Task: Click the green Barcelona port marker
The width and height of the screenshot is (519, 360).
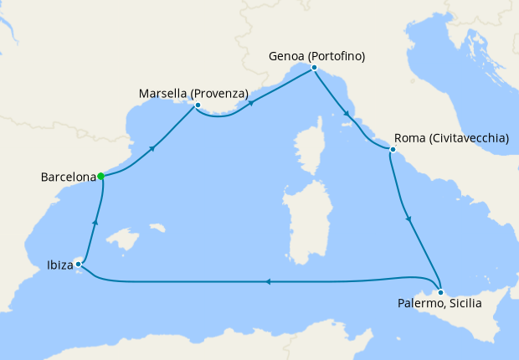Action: click(100, 176)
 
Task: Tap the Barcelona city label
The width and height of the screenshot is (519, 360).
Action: click(68, 177)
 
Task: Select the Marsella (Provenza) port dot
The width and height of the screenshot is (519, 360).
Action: click(198, 105)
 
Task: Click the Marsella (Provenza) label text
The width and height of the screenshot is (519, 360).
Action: click(193, 92)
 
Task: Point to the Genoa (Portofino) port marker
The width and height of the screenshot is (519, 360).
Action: click(313, 67)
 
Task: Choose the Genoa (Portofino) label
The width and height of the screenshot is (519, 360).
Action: click(317, 56)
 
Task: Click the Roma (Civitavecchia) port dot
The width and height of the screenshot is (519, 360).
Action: click(392, 150)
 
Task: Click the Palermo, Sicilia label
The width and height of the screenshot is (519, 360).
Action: click(440, 305)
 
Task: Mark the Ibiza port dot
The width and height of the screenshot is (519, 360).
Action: click(78, 265)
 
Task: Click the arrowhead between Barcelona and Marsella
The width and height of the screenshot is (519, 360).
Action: click(152, 148)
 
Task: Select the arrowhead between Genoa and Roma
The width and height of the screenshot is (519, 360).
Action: click(347, 112)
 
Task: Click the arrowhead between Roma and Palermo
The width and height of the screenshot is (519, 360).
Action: click(409, 220)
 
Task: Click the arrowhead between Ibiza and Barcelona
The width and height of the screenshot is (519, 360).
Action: click(95, 222)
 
